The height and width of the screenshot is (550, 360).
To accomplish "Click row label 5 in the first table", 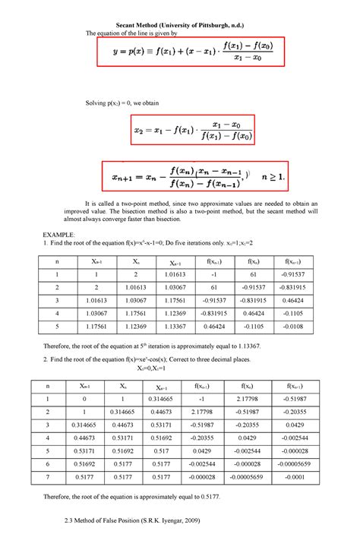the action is (56, 325).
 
